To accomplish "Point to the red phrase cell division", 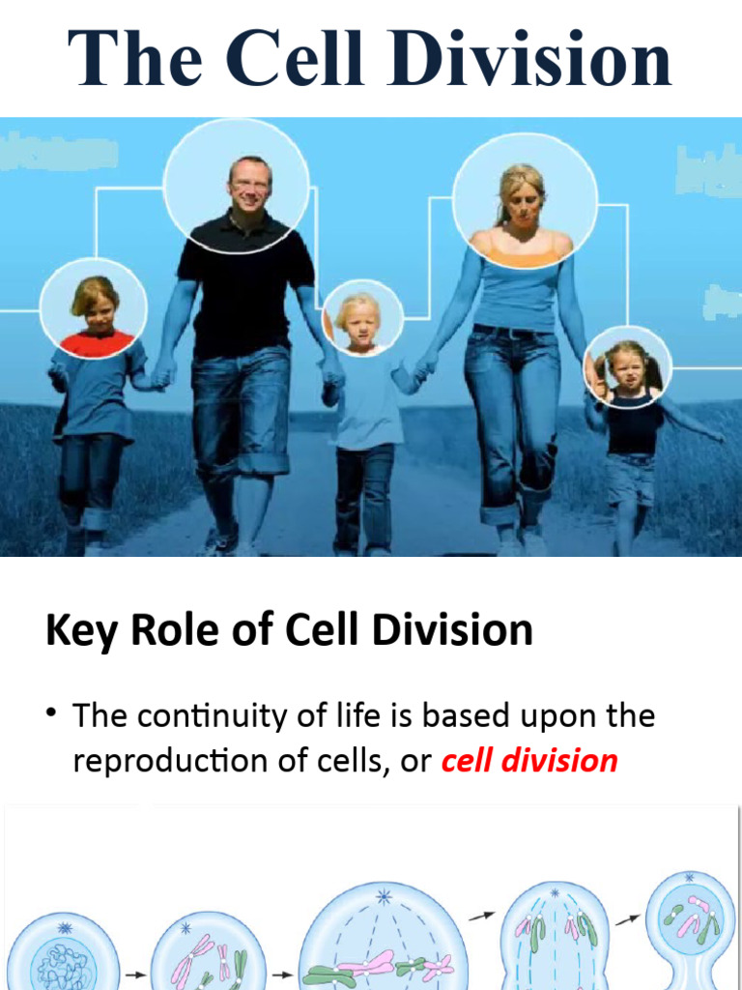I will pos(528,760).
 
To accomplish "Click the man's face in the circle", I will pos(249,184).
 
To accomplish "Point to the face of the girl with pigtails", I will pos(626,367).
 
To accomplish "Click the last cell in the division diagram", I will pos(689,923).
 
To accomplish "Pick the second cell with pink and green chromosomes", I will pos(202,957).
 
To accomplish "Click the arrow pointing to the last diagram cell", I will pos(628,918).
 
